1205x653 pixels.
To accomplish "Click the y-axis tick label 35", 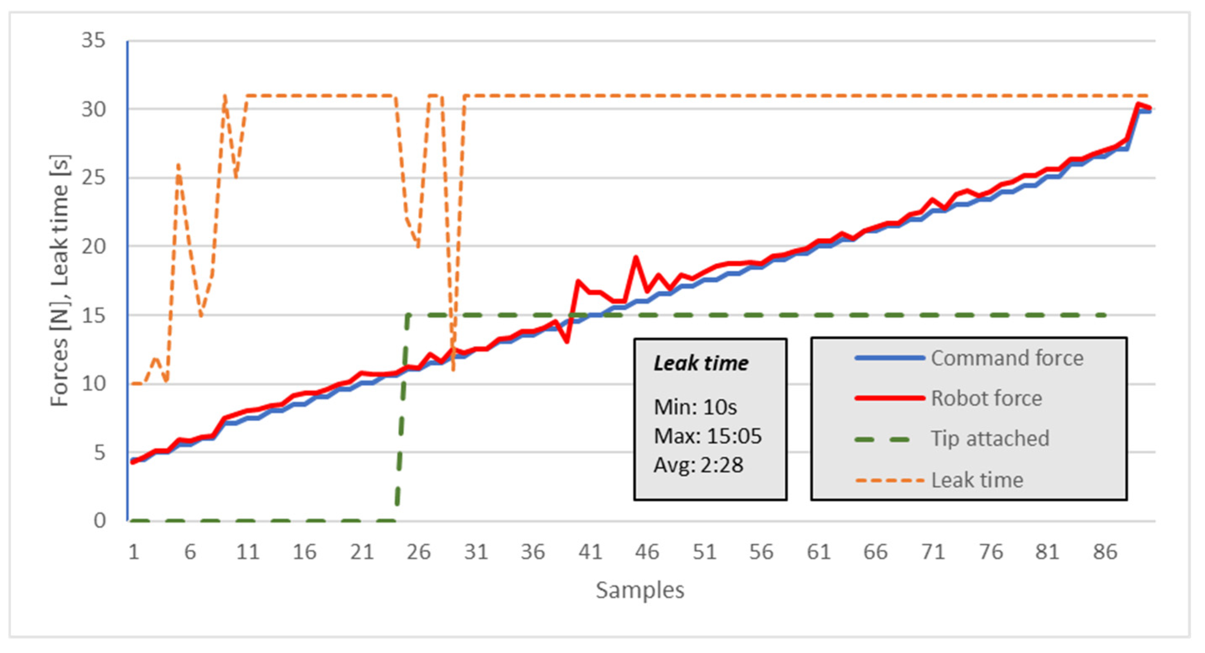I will pyautogui.click(x=93, y=40).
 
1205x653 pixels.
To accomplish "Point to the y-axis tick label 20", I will pyautogui.click(x=93, y=246).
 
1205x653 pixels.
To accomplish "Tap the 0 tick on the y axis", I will pyautogui.click(x=100, y=521).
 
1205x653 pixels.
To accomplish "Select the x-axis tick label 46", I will pyautogui.click(x=647, y=552).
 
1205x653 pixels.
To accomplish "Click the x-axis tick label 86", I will pyautogui.click(x=1105, y=552).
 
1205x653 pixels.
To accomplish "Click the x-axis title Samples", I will pyautogui.click(x=639, y=590).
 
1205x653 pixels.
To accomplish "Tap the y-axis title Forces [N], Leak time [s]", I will pyautogui.click(x=60, y=281).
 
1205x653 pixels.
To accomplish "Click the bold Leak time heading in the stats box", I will pyautogui.click(x=701, y=363).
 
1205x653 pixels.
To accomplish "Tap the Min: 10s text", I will pyautogui.click(x=695, y=407).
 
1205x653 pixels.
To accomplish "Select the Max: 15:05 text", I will pyautogui.click(x=707, y=436).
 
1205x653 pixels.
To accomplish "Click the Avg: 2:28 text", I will pyautogui.click(x=698, y=465).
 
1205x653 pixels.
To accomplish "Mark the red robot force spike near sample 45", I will pyautogui.click(x=636, y=257).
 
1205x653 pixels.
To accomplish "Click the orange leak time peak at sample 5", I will pyautogui.click(x=178, y=164).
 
